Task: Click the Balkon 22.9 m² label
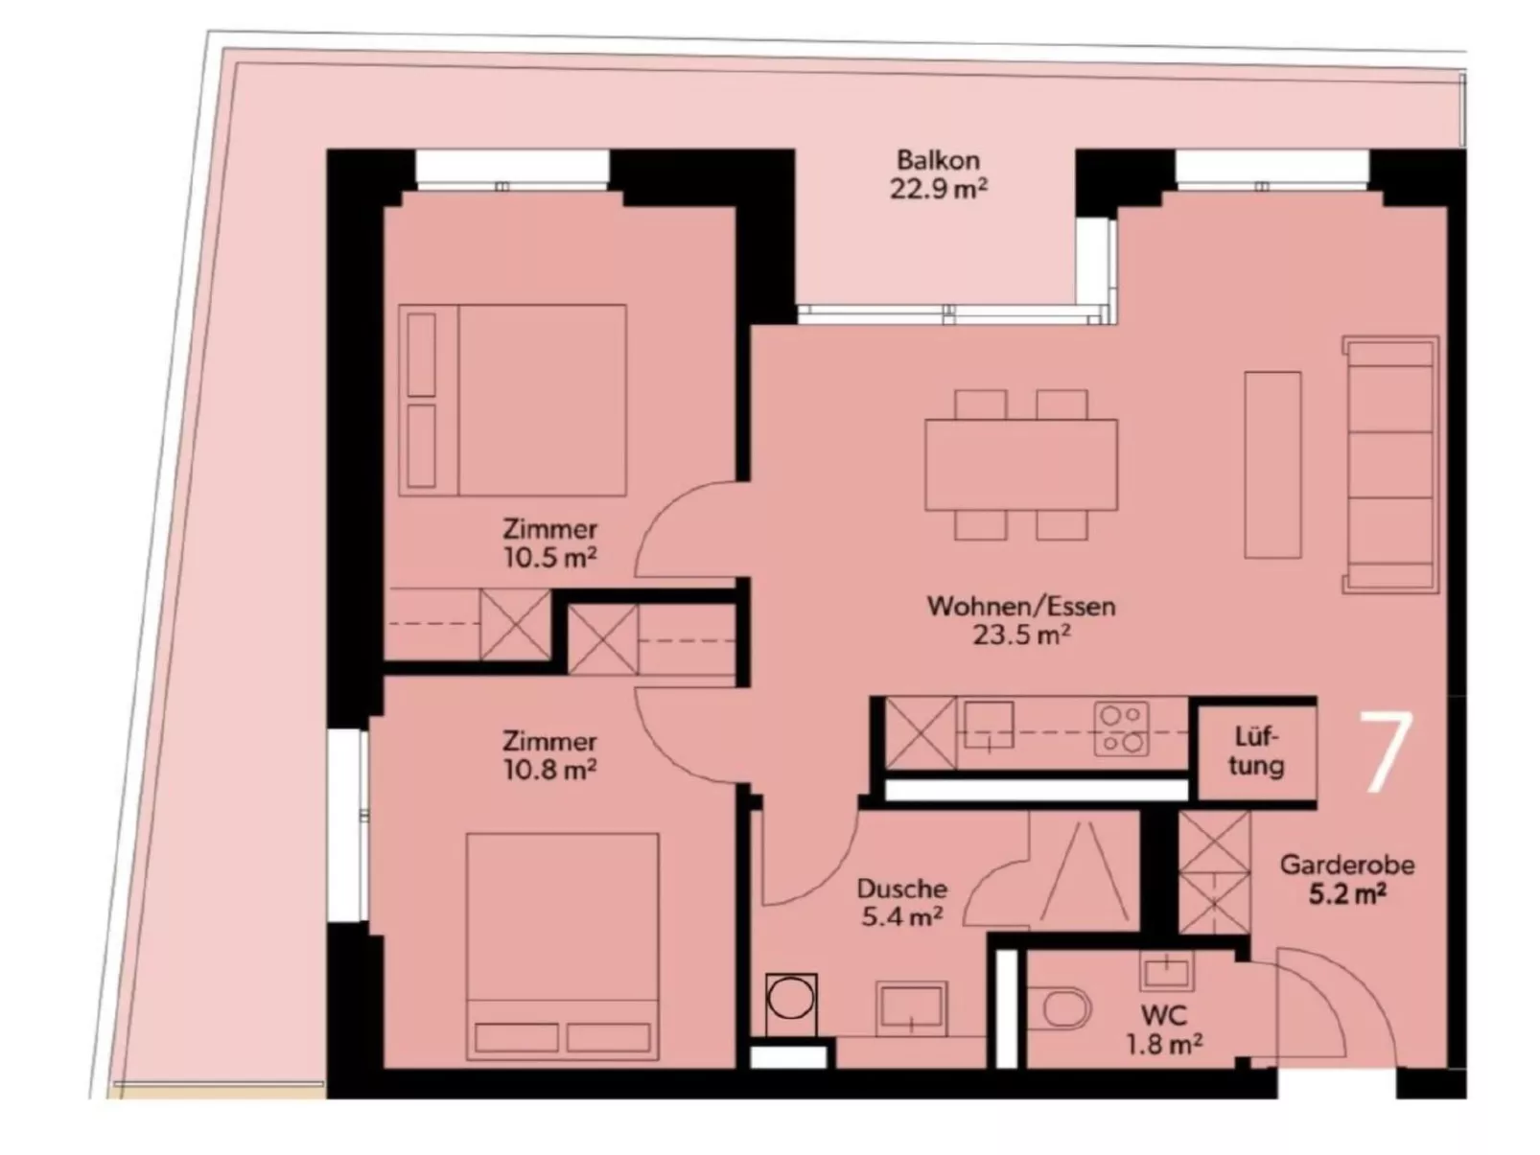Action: pos(939,174)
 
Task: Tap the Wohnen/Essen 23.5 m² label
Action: pos(1021,620)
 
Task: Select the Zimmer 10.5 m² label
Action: pos(550,543)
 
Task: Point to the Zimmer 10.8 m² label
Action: pos(550,755)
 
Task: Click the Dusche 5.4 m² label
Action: pos(902,903)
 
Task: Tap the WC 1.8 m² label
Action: pos(1165,1030)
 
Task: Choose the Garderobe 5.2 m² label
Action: pos(1347,879)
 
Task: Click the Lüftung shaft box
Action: pos(1256,752)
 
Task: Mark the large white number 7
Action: pos(1387,752)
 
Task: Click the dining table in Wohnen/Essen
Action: pos(1021,465)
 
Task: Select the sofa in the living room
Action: pos(1390,465)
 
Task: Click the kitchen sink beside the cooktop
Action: pos(989,726)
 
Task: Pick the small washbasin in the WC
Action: pos(1167,971)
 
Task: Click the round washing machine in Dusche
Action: pos(791,1005)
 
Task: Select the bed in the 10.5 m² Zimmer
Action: pos(513,401)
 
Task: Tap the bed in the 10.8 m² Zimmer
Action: pos(563,947)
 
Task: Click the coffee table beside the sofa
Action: pos(1272,465)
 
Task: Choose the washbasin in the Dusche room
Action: pos(911,1008)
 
